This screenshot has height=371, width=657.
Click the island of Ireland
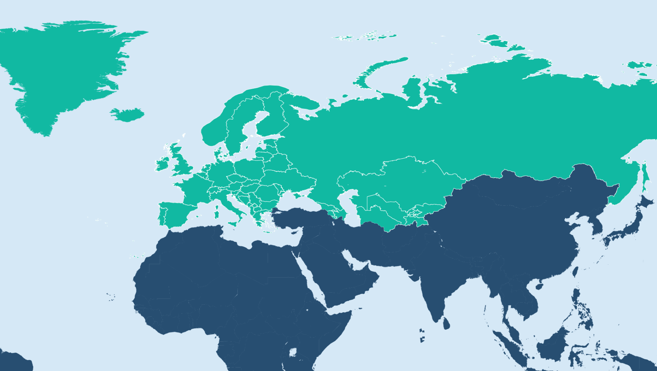[162, 164]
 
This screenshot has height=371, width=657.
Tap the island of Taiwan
[576, 271]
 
